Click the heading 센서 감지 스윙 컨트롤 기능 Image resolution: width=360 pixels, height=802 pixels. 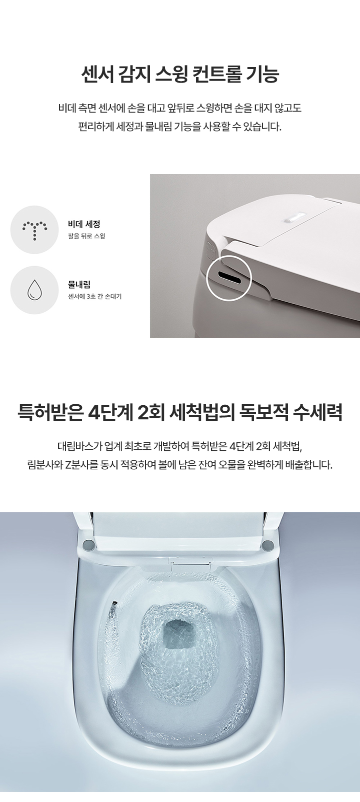pos(180,75)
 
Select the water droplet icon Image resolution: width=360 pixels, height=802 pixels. pos(34,290)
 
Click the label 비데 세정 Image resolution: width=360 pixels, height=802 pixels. pos(84,224)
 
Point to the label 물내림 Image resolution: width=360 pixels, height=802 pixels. pos(79,284)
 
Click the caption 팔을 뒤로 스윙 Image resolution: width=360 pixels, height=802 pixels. pos(86,236)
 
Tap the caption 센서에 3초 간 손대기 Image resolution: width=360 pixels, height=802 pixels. pos(95,297)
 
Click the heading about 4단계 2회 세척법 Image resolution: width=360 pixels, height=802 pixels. pos(180,413)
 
